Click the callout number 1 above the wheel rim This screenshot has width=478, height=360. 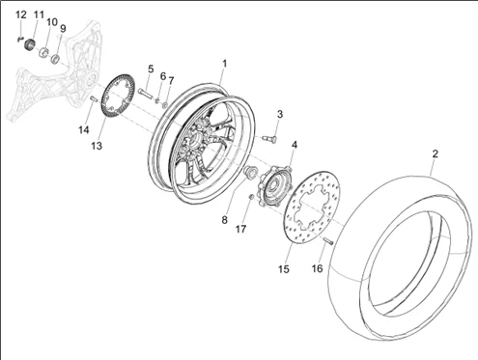tap(225, 64)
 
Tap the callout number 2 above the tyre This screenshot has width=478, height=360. tap(436, 153)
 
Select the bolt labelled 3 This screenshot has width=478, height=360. tap(269, 138)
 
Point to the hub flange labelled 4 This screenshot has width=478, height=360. tap(274, 186)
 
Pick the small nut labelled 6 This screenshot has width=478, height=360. tap(157, 100)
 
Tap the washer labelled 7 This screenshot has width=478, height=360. tap(165, 104)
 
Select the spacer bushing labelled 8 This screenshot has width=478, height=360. tap(250, 171)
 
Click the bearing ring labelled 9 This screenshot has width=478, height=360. tap(56, 59)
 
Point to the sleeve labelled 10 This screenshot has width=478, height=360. tap(43, 52)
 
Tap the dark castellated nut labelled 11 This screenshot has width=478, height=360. tap(30, 44)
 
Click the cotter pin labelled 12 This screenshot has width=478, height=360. tap(20, 39)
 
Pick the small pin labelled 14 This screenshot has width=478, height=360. tap(93, 98)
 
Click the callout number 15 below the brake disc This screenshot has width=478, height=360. tap(284, 269)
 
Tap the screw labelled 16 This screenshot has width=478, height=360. tap(327, 240)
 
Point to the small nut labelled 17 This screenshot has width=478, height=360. tap(251, 197)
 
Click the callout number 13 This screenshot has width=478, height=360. tap(97, 146)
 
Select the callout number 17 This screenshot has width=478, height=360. tap(240, 229)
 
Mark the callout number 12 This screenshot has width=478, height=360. tap(21, 14)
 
